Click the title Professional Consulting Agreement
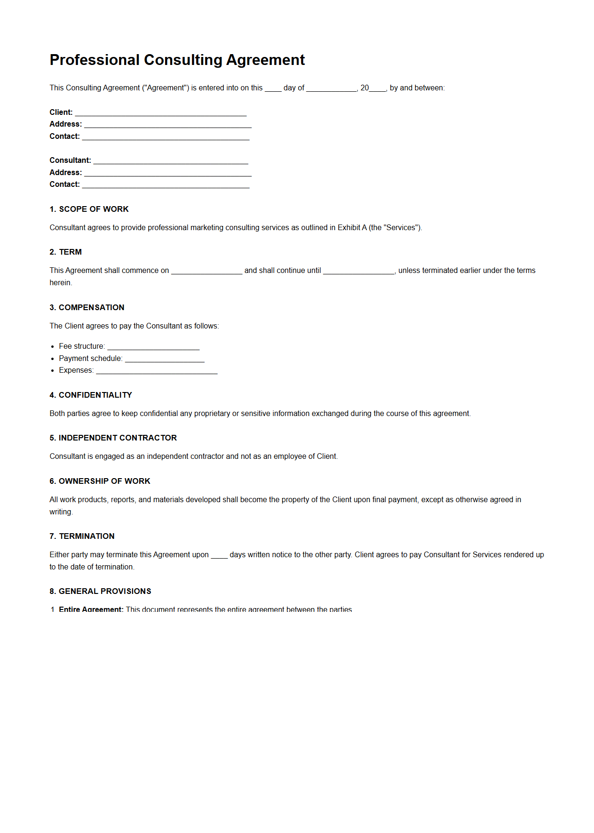tap(177, 60)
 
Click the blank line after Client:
tap(160, 112)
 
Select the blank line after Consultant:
tap(170, 160)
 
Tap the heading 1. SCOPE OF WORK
tap(89, 209)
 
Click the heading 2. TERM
tap(65, 252)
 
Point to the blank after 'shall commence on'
tap(206, 271)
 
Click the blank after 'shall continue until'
tap(359, 271)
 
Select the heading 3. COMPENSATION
tap(87, 307)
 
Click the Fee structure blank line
tap(153, 346)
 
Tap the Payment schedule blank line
tap(165, 359)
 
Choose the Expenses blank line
tap(156, 370)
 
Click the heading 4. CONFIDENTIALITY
tap(90, 395)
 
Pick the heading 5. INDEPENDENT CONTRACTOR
tap(113, 438)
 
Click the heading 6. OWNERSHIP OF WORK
tap(100, 481)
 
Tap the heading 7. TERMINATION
tap(82, 536)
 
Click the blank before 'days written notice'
tap(219, 555)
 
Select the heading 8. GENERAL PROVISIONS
tap(100, 591)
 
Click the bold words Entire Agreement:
tap(91, 609)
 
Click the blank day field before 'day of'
tap(273, 88)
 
